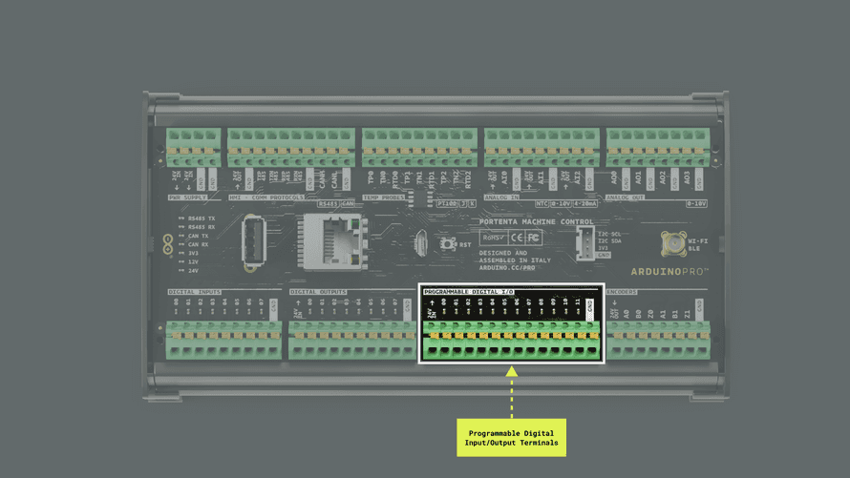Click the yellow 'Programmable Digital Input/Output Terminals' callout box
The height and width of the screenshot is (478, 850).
(511, 437)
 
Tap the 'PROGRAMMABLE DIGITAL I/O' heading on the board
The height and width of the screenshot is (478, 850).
(468, 290)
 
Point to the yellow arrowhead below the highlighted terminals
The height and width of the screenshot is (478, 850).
(511, 372)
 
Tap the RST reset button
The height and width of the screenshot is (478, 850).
(447, 244)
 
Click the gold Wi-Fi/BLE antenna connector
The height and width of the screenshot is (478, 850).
(672, 241)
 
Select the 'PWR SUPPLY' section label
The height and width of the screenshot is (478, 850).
(188, 197)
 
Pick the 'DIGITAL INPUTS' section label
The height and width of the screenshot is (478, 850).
(195, 292)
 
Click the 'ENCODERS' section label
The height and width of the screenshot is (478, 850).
(623, 292)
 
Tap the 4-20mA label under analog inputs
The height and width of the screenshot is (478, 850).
(585, 203)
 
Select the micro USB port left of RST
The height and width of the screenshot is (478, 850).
(419, 243)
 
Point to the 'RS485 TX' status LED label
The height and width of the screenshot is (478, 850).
(202, 217)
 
